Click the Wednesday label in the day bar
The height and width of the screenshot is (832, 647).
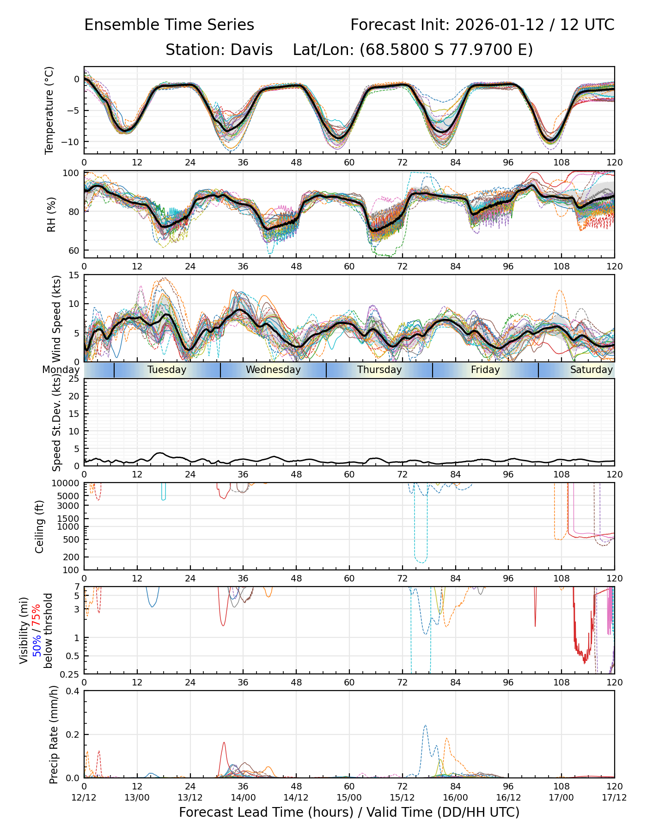(x=273, y=370)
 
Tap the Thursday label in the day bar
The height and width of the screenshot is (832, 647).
(x=379, y=370)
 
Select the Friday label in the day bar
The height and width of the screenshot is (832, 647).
(x=485, y=370)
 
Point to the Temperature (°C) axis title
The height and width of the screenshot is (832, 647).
(x=49, y=110)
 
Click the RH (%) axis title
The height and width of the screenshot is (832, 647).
(x=51, y=214)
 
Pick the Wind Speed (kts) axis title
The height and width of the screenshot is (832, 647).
(x=57, y=318)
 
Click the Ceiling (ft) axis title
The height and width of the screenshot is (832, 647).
(x=40, y=526)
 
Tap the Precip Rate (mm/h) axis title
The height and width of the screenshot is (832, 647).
(x=54, y=734)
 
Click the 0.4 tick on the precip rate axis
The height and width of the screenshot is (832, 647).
(x=73, y=691)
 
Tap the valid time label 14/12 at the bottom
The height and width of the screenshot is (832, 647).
(x=296, y=797)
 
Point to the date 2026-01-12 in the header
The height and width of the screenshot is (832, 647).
(x=500, y=25)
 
